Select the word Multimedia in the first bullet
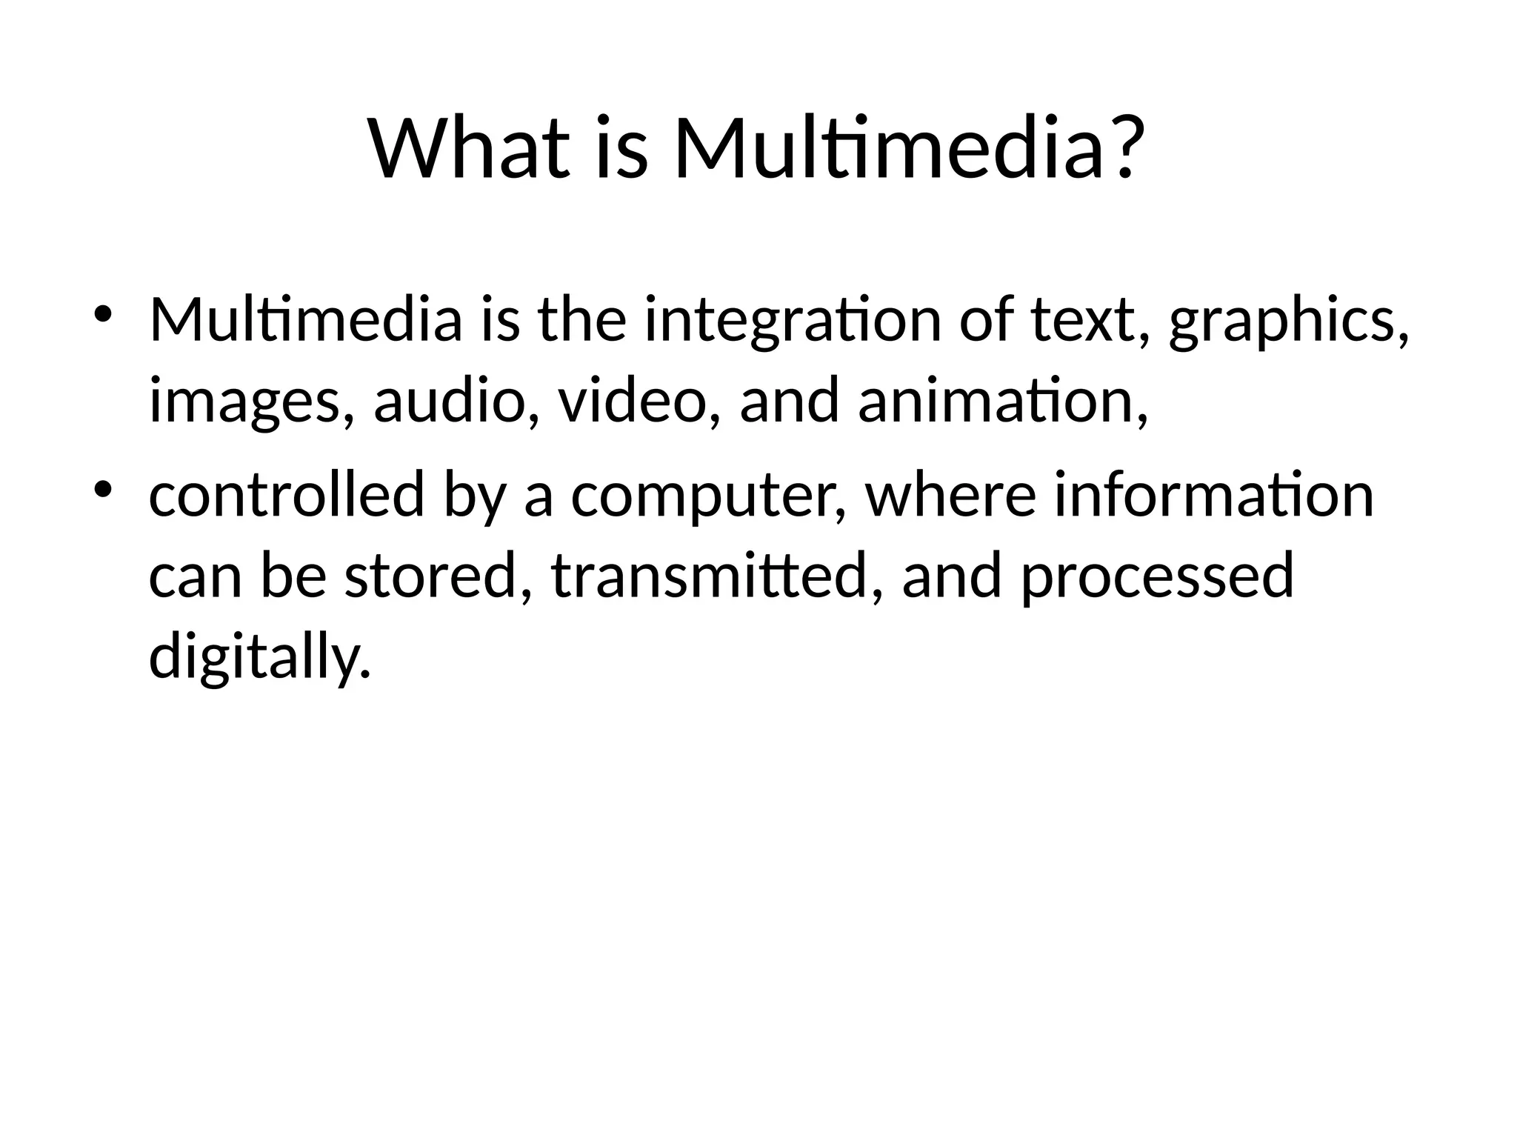305,320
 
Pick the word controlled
287,495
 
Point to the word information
1214,495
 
